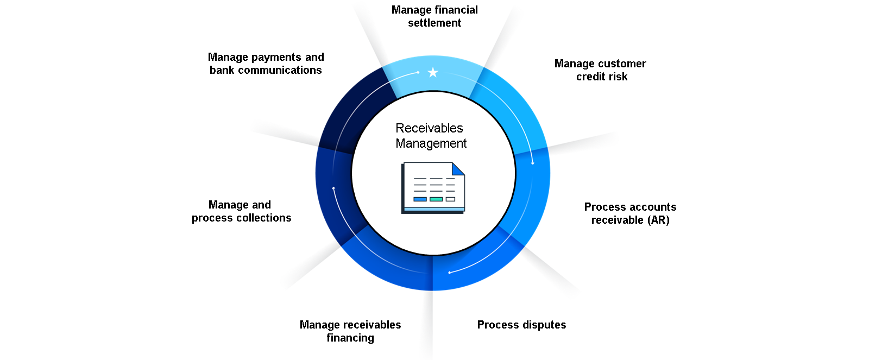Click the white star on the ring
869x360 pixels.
433,72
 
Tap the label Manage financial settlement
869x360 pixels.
434,16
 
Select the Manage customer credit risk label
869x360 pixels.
600,70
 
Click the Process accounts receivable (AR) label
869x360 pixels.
631,213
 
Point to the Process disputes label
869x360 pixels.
521,324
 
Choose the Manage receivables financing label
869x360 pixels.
350,331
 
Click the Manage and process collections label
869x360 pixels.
241,211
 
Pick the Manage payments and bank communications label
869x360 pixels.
266,63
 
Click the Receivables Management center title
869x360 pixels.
431,135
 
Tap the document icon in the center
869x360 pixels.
433,188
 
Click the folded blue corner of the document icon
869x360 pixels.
458,169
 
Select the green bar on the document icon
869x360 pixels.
436,199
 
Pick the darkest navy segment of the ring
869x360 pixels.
355,111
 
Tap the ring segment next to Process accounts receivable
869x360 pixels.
532,194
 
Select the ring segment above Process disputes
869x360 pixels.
477,264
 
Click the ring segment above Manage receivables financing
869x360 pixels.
388,264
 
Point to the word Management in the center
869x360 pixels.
431,143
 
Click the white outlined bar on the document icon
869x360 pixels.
450,199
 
